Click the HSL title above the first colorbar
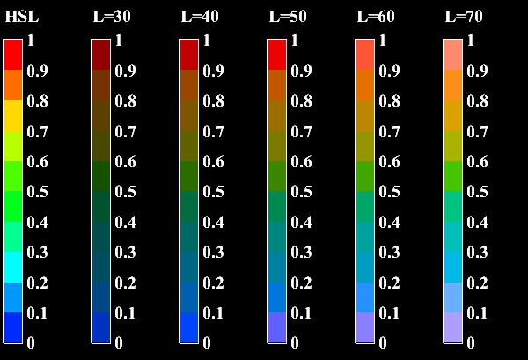click(x=21, y=17)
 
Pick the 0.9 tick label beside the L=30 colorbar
click(x=125, y=71)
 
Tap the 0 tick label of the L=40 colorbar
click(x=207, y=342)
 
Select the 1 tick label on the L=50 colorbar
click(x=295, y=40)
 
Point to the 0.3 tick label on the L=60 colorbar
click(x=389, y=253)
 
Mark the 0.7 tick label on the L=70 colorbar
click(x=477, y=132)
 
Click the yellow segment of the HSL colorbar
click(x=13, y=115)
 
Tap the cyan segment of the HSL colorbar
click(x=13, y=267)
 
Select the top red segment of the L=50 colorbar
click(x=277, y=55)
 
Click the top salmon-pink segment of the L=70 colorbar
click(x=453, y=55)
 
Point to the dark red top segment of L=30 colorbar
click(x=101, y=55)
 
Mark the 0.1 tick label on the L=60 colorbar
click(x=389, y=312)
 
